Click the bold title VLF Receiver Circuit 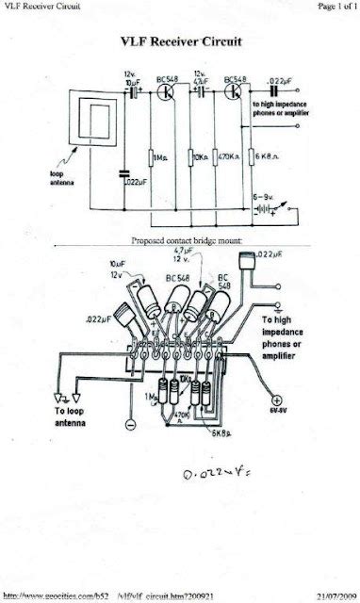[179, 42]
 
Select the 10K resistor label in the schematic [201, 158]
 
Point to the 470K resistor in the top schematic [226, 158]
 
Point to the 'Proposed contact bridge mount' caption [187, 240]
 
